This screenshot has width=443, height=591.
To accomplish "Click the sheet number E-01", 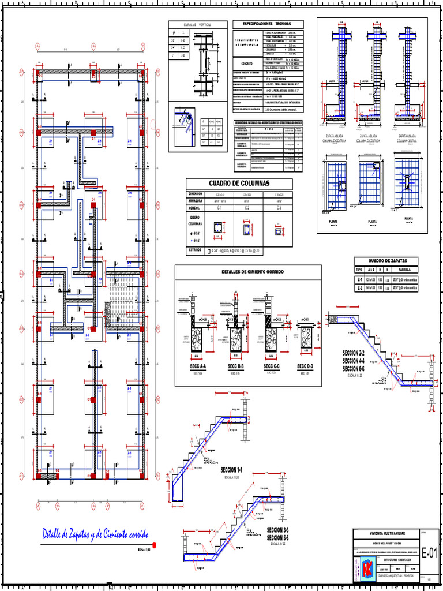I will tap(430, 553).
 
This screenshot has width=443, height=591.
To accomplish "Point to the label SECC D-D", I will tap(305, 366).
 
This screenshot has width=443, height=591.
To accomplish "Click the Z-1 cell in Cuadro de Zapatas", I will tap(360, 279).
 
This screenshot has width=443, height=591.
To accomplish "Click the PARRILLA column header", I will tap(409, 270).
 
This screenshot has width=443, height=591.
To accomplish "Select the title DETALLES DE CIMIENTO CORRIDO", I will tap(248, 271).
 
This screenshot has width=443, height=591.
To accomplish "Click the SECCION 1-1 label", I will tap(230, 471).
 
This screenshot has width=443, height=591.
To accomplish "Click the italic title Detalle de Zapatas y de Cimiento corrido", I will tap(96, 535).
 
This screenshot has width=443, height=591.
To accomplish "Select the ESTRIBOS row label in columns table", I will tap(194, 250).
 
